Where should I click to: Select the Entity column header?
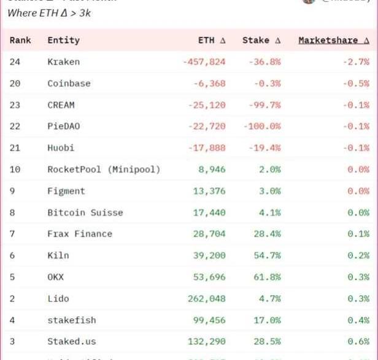pyautogui.click(x=63, y=41)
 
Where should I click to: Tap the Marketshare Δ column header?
pyautogui.click(x=334, y=41)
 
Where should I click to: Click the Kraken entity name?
pyautogui.click(x=63, y=62)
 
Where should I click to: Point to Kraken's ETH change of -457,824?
pyautogui.click(x=204, y=62)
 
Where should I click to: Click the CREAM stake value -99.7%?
pyautogui.click(x=264, y=105)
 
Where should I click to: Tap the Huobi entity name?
pyautogui.click(x=61, y=148)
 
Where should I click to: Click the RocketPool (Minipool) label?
pyautogui.click(x=103, y=170)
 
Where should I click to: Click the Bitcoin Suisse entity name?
pyautogui.click(x=85, y=213)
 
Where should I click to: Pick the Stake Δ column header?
pyautogui.click(x=261, y=41)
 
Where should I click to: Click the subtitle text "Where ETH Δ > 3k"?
pyautogui.click(x=49, y=13)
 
